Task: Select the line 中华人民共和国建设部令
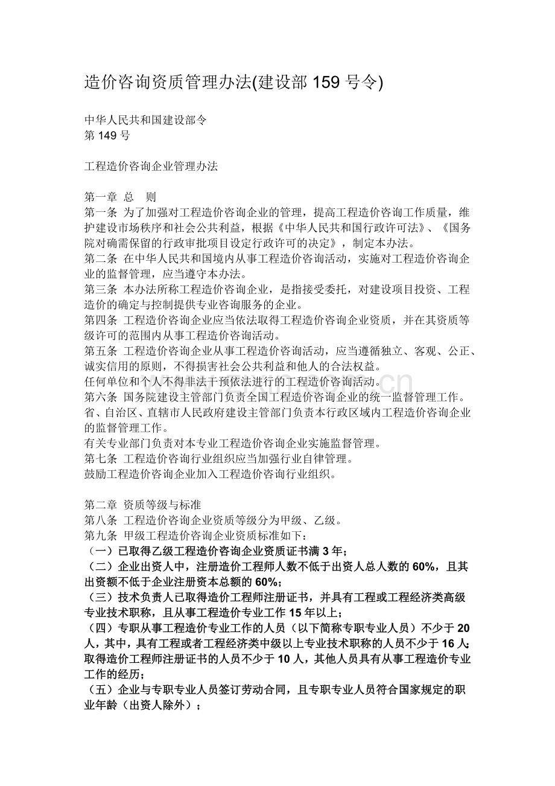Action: [145, 120]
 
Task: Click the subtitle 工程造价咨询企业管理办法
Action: [151, 166]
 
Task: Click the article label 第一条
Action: [101, 212]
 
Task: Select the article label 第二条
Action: [101, 259]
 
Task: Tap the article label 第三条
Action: [101, 290]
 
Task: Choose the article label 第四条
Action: [101, 321]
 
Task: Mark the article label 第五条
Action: [101, 351]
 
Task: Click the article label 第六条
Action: [101, 398]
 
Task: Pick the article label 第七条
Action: [101, 459]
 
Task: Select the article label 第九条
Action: [101, 535]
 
